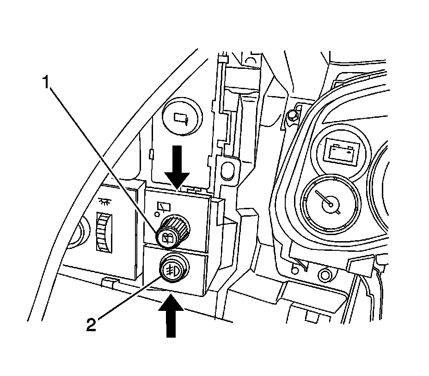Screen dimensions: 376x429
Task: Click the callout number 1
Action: pyautogui.click(x=46, y=84)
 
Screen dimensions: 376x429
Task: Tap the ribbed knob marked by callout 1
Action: pyautogui.click(x=172, y=231)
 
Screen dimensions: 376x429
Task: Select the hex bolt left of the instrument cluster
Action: pyautogui.click(x=292, y=115)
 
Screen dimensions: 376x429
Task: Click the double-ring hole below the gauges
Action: pyautogui.click(x=325, y=276)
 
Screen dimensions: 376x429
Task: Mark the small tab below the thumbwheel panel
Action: pyautogui.click(x=109, y=281)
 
